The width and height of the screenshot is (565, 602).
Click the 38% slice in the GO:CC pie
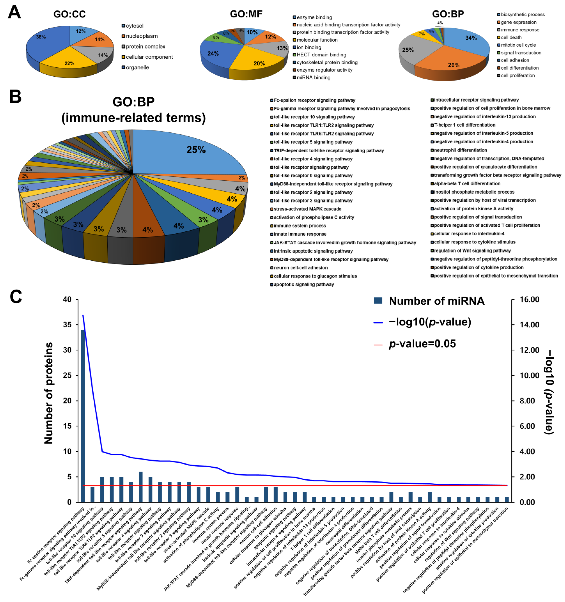pyautogui.click(x=45, y=41)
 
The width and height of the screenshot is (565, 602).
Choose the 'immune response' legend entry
pyautogui.click(x=520, y=30)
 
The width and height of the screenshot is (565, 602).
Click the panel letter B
pyautogui.click(x=15, y=97)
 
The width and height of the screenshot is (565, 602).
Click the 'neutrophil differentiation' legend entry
pyautogui.click(x=460, y=150)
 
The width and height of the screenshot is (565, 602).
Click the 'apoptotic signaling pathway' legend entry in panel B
pyautogui.click(x=304, y=285)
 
